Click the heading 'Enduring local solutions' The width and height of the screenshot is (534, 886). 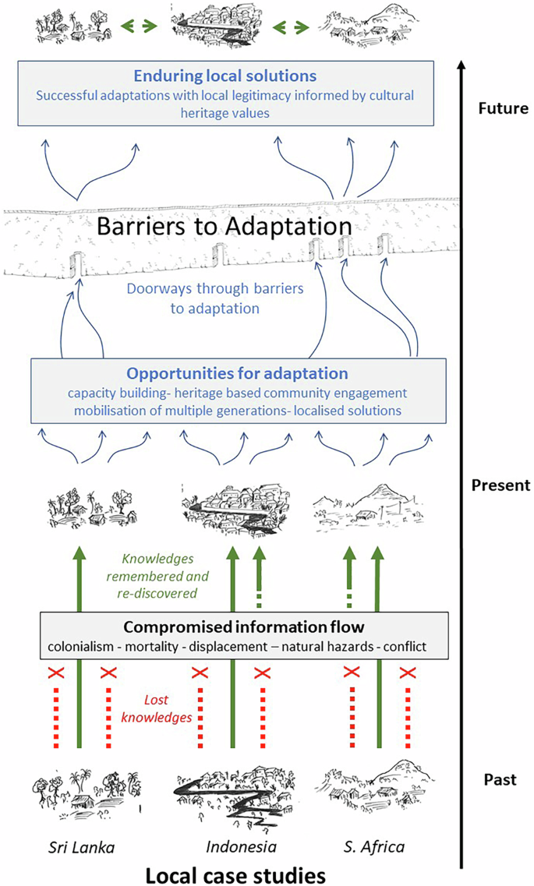pos(225,76)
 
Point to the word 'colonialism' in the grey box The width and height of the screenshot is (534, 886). pos(80,648)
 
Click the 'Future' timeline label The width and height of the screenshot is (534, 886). pos(502,108)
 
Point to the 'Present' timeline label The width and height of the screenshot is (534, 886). pos(501,485)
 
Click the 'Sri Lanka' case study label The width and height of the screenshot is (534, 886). pos(80,847)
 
